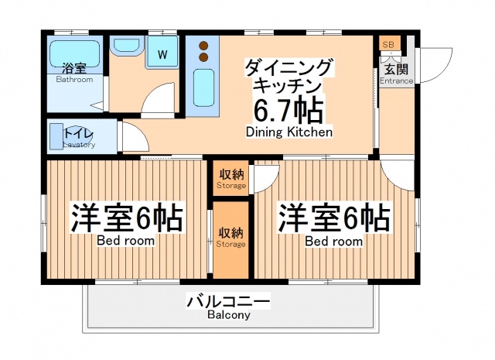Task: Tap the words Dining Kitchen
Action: [289, 132]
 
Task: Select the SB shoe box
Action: [387, 45]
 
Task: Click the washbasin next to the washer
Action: [127, 46]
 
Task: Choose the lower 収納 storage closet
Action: [231, 238]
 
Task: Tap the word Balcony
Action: [228, 316]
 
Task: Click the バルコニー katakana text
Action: [228, 301]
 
